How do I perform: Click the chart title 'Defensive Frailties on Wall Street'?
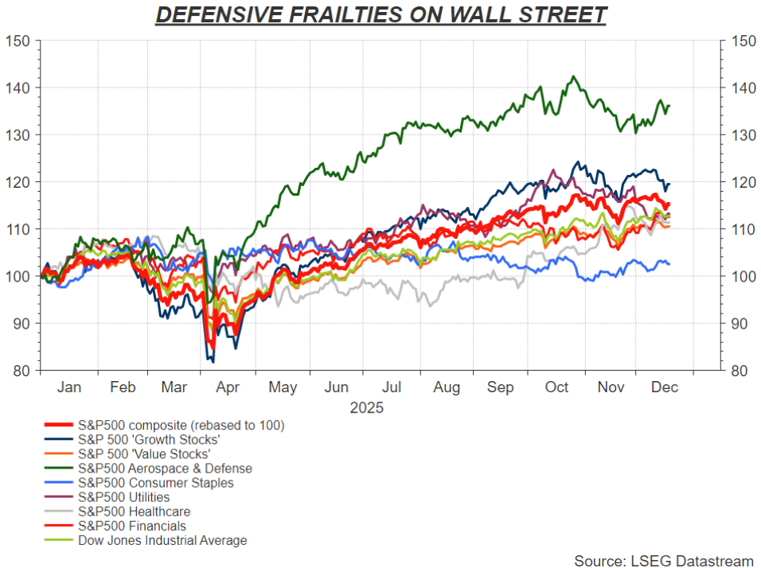(x=380, y=15)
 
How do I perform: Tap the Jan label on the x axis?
(x=69, y=387)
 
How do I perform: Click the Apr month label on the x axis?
(x=228, y=387)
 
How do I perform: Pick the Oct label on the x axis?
(x=556, y=387)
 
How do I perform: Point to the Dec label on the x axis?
(x=664, y=387)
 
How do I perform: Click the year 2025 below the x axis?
(x=366, y=408)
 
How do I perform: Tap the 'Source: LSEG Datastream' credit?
(x=663, y=562)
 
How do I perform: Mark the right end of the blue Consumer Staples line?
(x=669, y=263)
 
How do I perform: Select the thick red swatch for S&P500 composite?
(x=59, y=426)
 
